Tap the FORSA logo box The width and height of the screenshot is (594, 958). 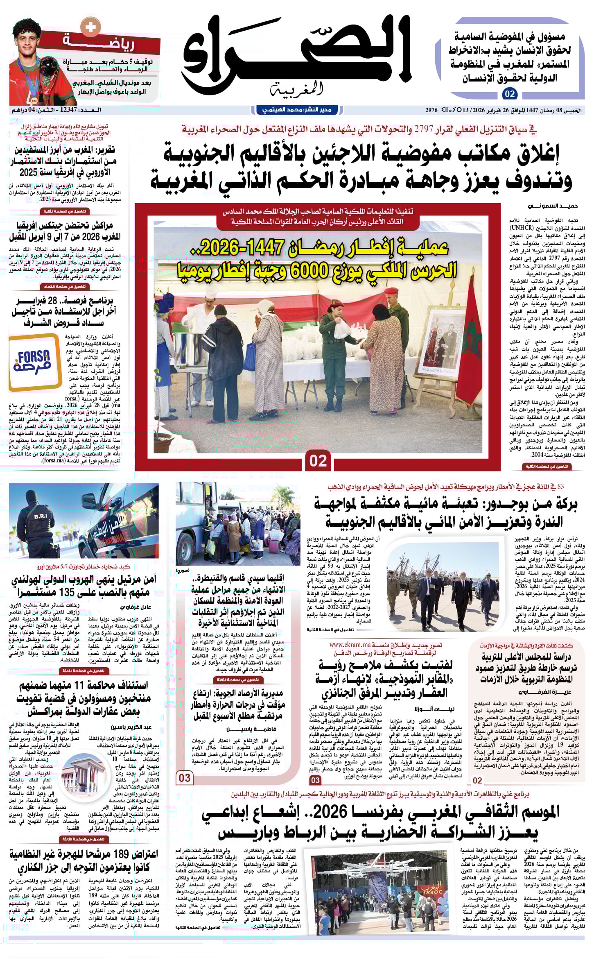pyautogui.click(x=34, y=360)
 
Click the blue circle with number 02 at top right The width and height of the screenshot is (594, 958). pyautogui.click(x=510, y=94)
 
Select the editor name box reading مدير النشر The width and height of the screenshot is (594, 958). pyautogui.click(x=297, y=110)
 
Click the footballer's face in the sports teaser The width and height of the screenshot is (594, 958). pyautogui.click(x=31, y=39)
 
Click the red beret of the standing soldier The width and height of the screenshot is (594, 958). pyautogui.click(x=392, y=291)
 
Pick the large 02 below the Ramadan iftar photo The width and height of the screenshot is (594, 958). pyautogui.click(x=318, y=461)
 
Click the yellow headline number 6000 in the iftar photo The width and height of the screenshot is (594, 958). pyautogui.click(x=343, y=271)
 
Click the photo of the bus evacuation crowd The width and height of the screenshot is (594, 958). pyautogui.click(x=237, y=524)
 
